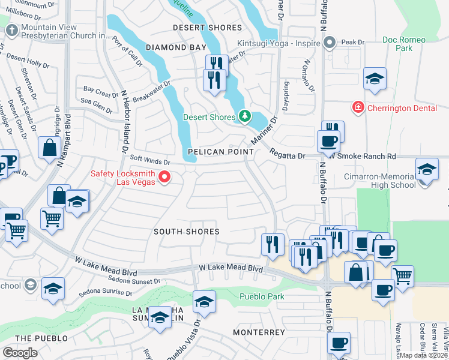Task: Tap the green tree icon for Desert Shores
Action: (244, 116)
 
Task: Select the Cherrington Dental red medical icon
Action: (358, 107)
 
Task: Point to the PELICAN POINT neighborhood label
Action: (219, 152)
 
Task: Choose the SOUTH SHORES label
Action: (186, 232)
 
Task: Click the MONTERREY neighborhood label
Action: (259, 332)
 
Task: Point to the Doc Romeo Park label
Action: (404, 44)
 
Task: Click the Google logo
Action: (20, 352)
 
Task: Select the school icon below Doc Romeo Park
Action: (374, 79)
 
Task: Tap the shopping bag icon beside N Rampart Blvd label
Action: (48, 148)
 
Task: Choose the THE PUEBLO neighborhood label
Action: (41, 338)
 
